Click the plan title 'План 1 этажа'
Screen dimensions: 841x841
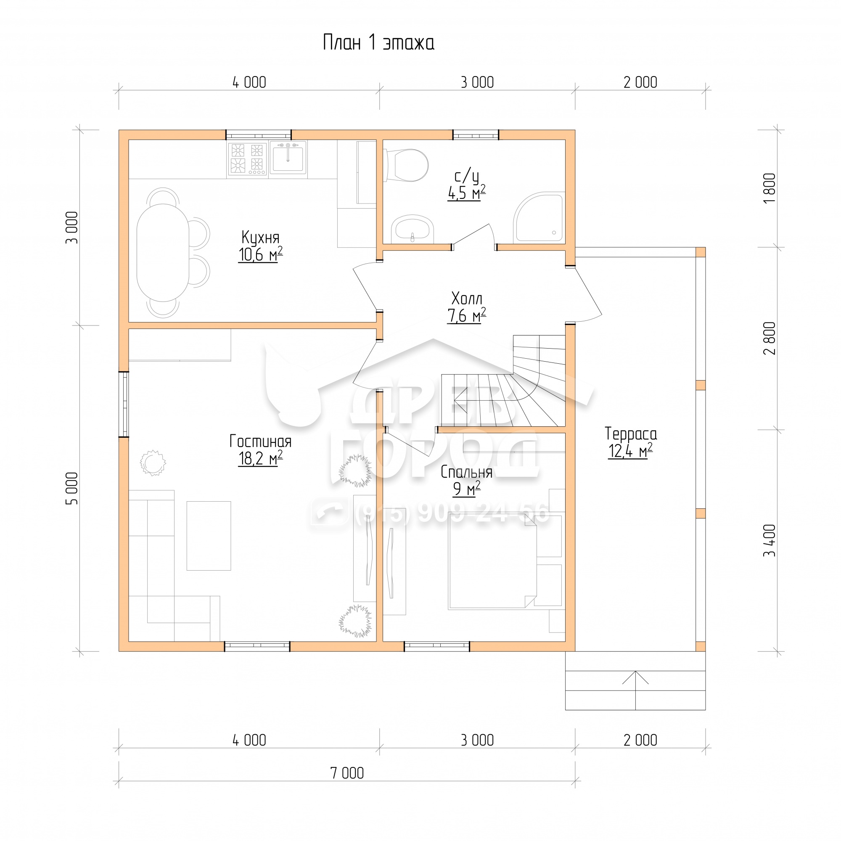378,43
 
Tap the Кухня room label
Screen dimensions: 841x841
260,238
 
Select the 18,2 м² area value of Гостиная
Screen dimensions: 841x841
260,458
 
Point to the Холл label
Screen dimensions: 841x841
467,299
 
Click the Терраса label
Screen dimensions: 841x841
631,434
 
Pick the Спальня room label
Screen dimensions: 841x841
466,472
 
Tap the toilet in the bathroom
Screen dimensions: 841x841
407,165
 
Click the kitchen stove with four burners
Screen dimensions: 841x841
247,159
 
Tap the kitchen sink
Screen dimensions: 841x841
288,158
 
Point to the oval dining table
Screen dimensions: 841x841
163,252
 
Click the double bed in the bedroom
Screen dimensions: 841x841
493,561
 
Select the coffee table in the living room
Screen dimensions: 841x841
209,536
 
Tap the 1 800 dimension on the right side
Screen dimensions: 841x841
770,188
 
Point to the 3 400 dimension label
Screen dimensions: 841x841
770,541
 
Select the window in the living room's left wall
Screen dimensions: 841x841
124,404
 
